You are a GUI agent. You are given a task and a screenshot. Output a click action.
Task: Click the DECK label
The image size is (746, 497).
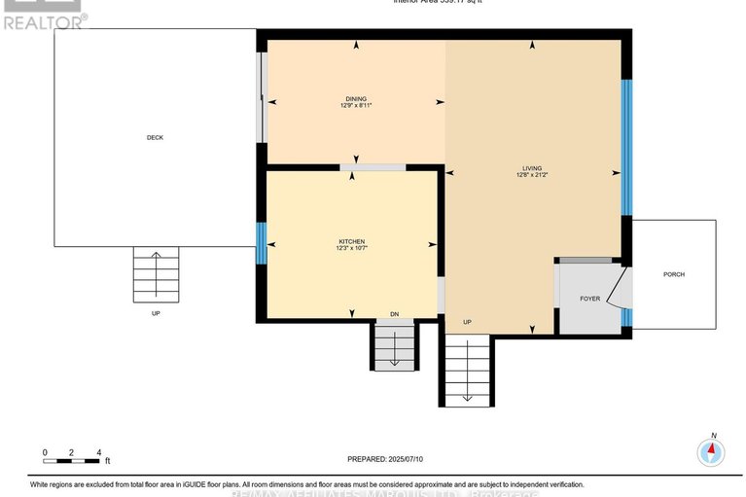pos(155,138)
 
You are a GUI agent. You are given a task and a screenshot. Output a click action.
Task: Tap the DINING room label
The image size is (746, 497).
pos(356,98)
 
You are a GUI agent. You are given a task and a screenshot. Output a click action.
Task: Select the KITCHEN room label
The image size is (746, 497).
pos(351,240)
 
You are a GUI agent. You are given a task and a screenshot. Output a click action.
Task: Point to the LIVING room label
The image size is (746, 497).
pos(531,168)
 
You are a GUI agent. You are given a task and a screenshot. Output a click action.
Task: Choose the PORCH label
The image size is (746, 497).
pos(674,274)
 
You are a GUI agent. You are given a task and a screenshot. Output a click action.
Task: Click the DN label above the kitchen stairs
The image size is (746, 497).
pos(394,314)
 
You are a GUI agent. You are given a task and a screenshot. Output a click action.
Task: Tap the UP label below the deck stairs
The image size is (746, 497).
pos(156,313)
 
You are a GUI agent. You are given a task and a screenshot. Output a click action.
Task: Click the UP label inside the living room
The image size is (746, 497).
pos(467,322)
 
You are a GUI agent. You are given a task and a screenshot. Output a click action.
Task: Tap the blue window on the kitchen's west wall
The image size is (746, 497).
pos(261,242)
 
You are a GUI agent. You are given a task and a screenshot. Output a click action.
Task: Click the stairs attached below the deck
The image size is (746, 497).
pos(156,274)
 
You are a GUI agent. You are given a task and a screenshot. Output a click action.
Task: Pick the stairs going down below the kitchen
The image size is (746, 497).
pos(394,345)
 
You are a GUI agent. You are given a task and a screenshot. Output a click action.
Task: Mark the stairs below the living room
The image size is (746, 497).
pos(467,370)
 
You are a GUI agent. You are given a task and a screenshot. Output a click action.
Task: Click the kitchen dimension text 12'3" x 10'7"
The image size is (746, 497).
pos(351,249)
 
